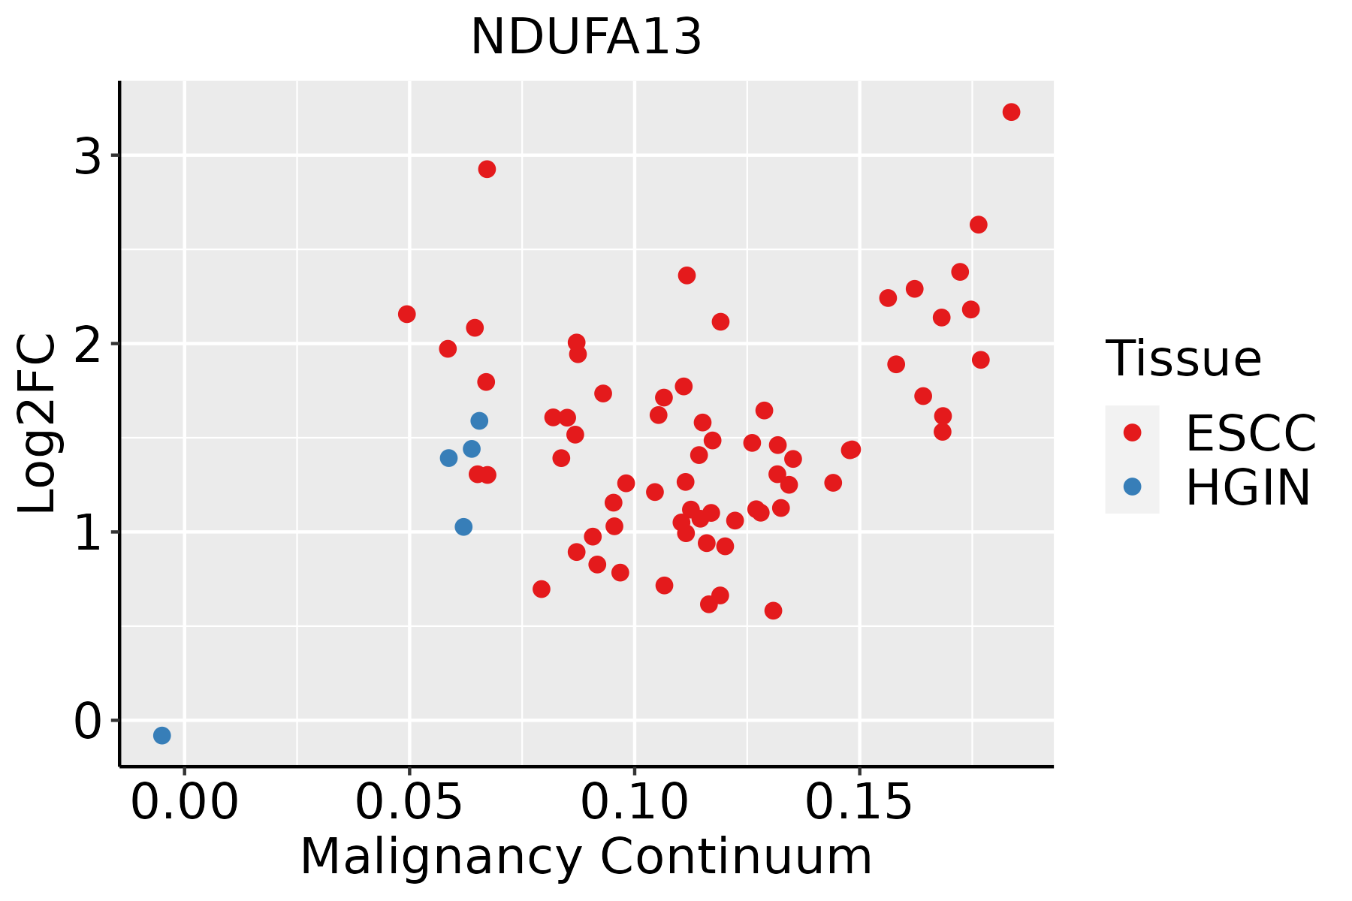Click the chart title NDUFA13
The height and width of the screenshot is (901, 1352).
pos(586,37)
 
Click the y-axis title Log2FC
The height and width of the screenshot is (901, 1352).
pos(37,423)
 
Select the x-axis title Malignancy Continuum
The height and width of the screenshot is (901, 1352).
pos(586,857)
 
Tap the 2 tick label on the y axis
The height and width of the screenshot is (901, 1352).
pos(88,345)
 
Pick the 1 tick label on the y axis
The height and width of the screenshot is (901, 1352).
pos(88,533)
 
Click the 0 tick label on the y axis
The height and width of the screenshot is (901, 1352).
pos(88,722)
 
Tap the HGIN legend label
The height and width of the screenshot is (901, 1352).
pos(1248,487)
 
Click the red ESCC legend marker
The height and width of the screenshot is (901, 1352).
pos(1132,432)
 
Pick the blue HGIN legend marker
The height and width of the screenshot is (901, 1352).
pos(1132,487)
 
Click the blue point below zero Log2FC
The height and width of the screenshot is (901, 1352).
pos(162,735)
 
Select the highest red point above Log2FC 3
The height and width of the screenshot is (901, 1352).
pos(1011,112)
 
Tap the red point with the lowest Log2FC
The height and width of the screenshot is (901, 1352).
pos(773,610)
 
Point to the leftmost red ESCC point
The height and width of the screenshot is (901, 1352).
pos(407,314)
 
